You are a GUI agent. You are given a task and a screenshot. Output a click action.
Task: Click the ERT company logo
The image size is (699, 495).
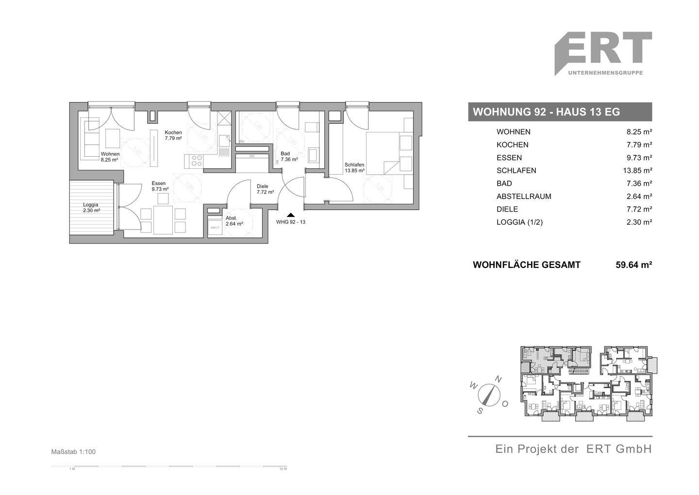pyautogui.click(x=603, y=49)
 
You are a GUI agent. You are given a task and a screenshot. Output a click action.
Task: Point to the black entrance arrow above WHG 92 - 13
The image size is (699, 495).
pyautogui.click(x=290, y=214)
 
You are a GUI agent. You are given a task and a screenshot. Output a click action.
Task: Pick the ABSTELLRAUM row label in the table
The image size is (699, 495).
pyautogui.click(x=524, y=197)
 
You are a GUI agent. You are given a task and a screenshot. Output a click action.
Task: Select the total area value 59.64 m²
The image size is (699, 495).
pyautogui.click(x=633, y=265)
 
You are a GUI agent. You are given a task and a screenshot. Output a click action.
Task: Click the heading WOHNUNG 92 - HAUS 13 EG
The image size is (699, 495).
pyautogui.click(x=546, y=112)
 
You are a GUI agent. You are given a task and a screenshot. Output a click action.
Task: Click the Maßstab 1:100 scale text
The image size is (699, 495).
pyautogui.click(x=74, y=452)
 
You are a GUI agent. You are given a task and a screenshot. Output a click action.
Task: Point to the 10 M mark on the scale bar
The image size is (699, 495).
pyautogui.click(x=283, y=469)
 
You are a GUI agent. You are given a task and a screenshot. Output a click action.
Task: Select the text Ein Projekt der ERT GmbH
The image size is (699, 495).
pyautogui.click(x=573, y=449)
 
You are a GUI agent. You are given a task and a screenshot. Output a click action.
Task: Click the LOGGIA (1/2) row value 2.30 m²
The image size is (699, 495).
pyautogui.click(x=640, y=222)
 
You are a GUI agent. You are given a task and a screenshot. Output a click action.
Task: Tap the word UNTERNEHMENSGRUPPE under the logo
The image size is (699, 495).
pyautogui.click(x=605, y=73)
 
